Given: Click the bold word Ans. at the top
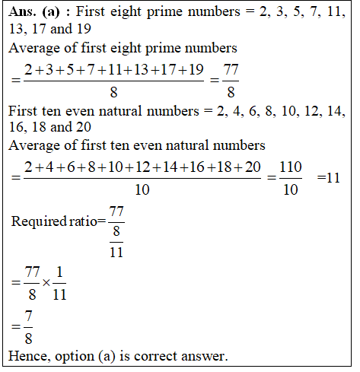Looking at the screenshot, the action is [x=24, y=13].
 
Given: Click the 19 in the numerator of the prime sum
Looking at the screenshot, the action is [x=196, y=71].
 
